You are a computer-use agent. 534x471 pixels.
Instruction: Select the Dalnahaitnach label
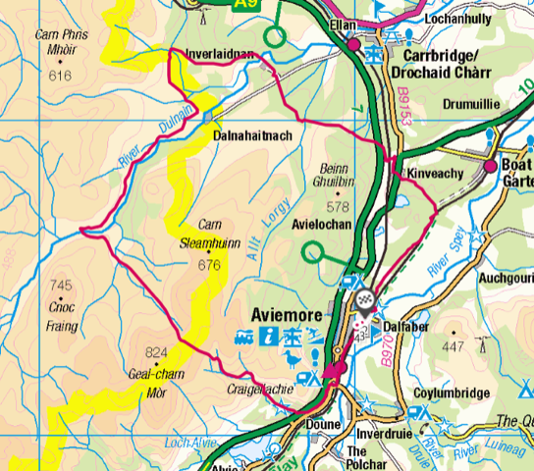[x=252, y=135]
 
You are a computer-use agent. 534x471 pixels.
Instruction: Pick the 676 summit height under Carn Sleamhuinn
[x=209, y=264]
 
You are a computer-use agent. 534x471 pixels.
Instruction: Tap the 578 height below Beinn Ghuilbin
[x=339, y=206]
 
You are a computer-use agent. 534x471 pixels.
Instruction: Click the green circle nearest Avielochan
[x=313, y=252]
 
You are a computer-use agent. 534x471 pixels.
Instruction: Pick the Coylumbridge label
[x=451, y=393]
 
